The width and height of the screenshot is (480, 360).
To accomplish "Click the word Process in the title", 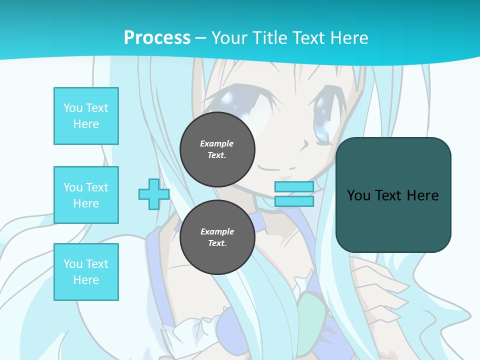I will coord(157,38).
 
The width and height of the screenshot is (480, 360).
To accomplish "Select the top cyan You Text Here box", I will coord(86,116).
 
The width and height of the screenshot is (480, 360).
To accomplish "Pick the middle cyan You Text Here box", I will coord(86,195).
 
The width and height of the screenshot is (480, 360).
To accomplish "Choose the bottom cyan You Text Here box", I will coord(86,272).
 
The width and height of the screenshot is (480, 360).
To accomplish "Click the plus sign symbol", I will coord(153,194).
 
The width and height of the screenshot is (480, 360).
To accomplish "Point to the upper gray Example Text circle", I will coord(217,149).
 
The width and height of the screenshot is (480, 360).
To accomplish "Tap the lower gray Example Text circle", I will coord(217,237).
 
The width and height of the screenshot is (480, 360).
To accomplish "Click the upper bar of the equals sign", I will coord(294,187).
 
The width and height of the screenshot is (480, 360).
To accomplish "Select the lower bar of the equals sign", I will coord(294,201).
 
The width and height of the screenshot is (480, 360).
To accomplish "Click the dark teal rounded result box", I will coord(393,220).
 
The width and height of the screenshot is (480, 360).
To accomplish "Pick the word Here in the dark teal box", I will coord(423,195).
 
